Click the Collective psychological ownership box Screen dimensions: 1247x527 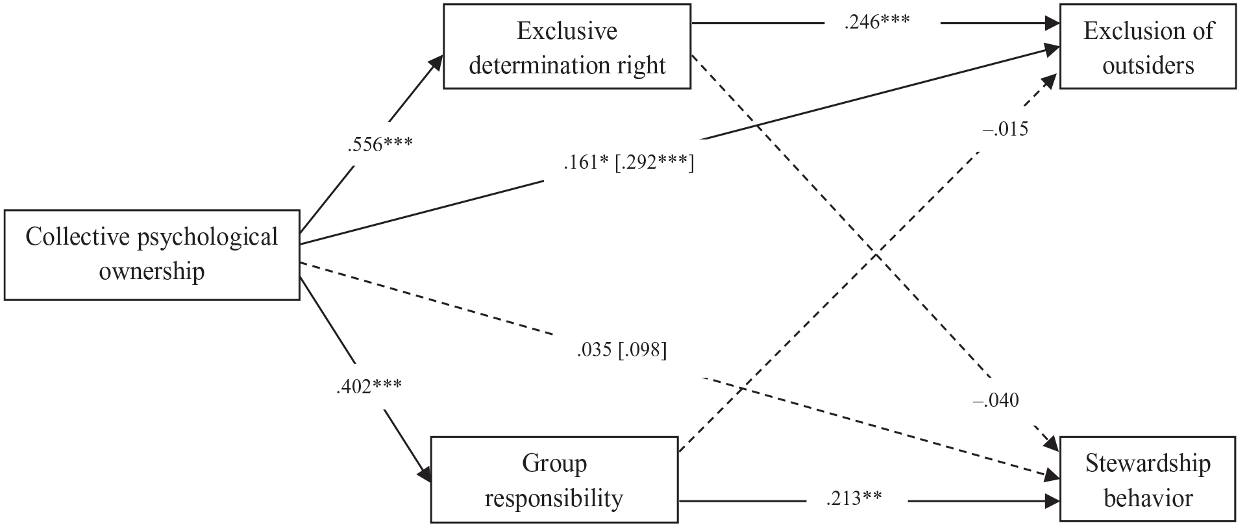click(152, 254)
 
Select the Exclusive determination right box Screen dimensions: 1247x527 click(567, 47)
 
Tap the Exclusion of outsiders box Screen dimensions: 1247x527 click(1148, 47)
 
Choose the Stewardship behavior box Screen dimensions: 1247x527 click(1148, 480)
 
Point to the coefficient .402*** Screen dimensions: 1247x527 click(369, 387)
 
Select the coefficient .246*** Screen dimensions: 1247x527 click(877, 22)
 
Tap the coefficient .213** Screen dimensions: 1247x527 click(854, 498)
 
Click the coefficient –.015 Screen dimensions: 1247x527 click(1006, 129)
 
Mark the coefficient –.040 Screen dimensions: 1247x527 click(995, 400)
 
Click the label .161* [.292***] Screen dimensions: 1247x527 click(628, 163)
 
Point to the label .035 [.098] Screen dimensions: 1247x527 click(621, 350)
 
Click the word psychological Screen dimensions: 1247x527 click(208, 238)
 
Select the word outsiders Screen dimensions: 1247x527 click(1148, 65)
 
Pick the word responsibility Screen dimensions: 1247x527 click(554, 499)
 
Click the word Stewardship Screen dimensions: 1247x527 click(1148, 463)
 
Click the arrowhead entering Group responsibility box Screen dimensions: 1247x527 click(425, 472)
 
